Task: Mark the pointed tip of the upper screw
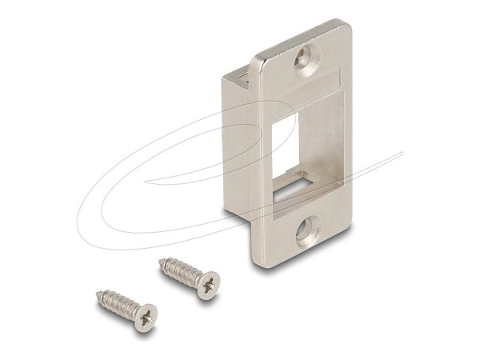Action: tap(162, 258)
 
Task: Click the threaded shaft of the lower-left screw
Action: tap(116, 303)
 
